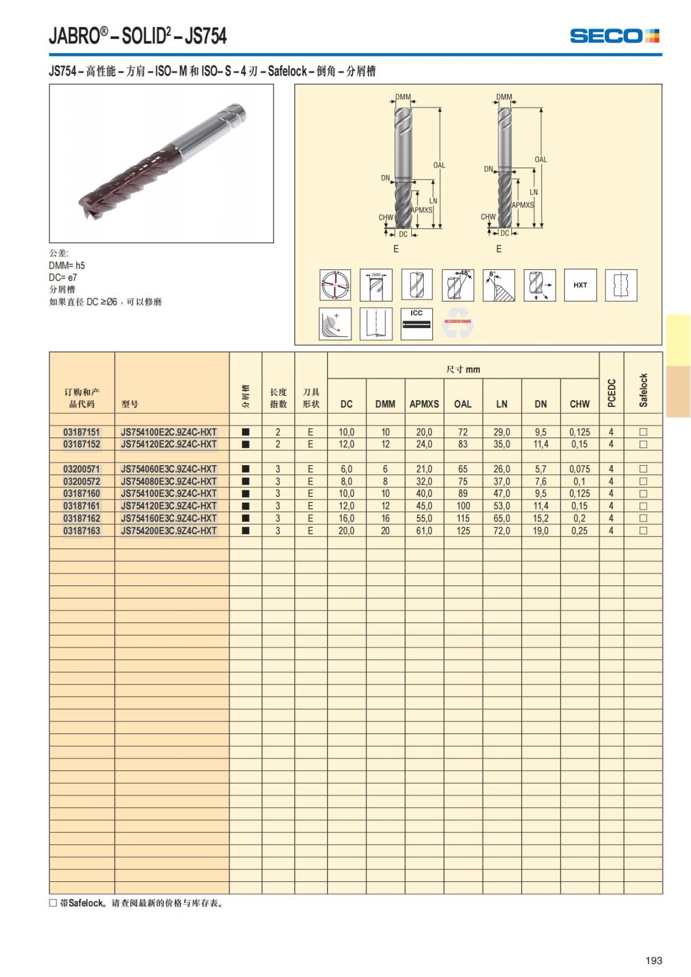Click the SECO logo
tap(614, 35)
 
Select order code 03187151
tap(82, 432)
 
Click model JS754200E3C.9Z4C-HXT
tap(168, 531)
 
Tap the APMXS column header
tap(424, 404)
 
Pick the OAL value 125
tap(463, 531)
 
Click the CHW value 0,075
tap(579, 469)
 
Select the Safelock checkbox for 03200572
tap(643, 481)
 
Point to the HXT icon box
tap(580, 285)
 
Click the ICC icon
tap(416, 324)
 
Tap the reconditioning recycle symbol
tap(458, 323)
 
